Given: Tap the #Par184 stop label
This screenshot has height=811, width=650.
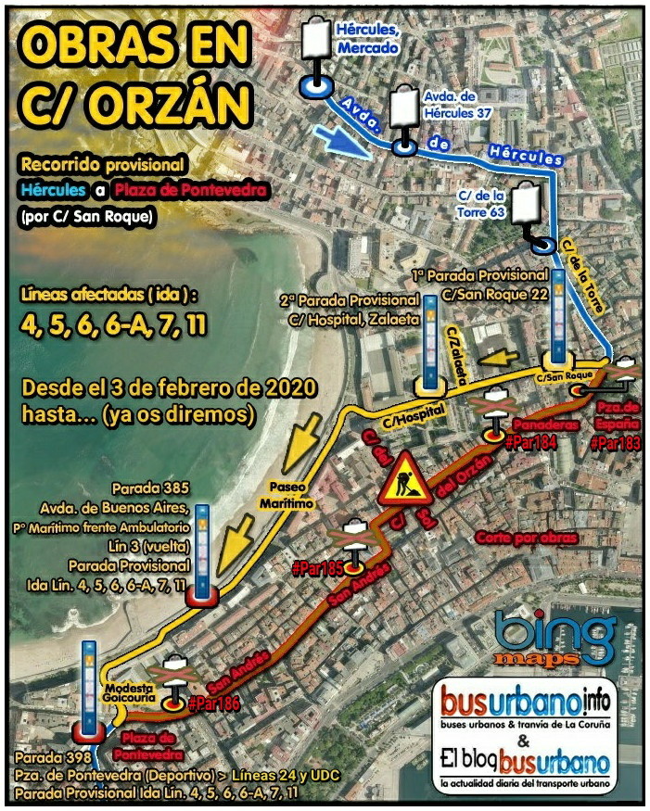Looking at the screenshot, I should click(x=530, y=442).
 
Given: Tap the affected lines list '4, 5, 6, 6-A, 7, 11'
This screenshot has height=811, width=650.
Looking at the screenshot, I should click(x=113, y=325).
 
